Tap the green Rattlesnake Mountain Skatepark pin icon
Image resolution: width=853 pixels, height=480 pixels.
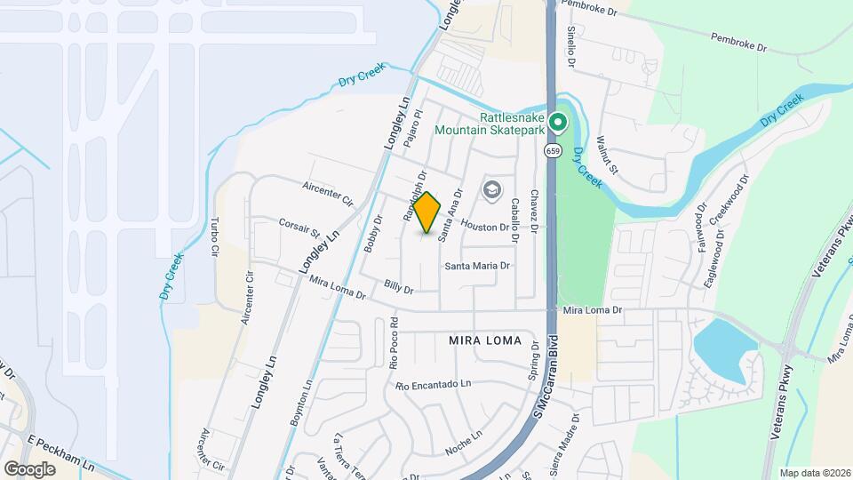(557, 122)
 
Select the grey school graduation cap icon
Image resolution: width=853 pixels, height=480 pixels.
(490, 190)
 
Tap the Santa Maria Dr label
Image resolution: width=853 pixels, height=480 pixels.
(478, 266)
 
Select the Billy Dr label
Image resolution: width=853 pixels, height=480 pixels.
(400, 287)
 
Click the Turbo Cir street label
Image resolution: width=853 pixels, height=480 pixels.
(214, 236)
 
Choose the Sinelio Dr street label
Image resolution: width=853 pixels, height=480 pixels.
(572, 47)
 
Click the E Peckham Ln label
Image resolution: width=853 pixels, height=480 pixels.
(61, 452)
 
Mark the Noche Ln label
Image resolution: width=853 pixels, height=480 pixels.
(463, 442)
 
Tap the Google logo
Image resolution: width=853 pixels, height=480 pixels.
(29, 468)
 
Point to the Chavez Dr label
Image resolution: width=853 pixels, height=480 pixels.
(534, 211)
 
